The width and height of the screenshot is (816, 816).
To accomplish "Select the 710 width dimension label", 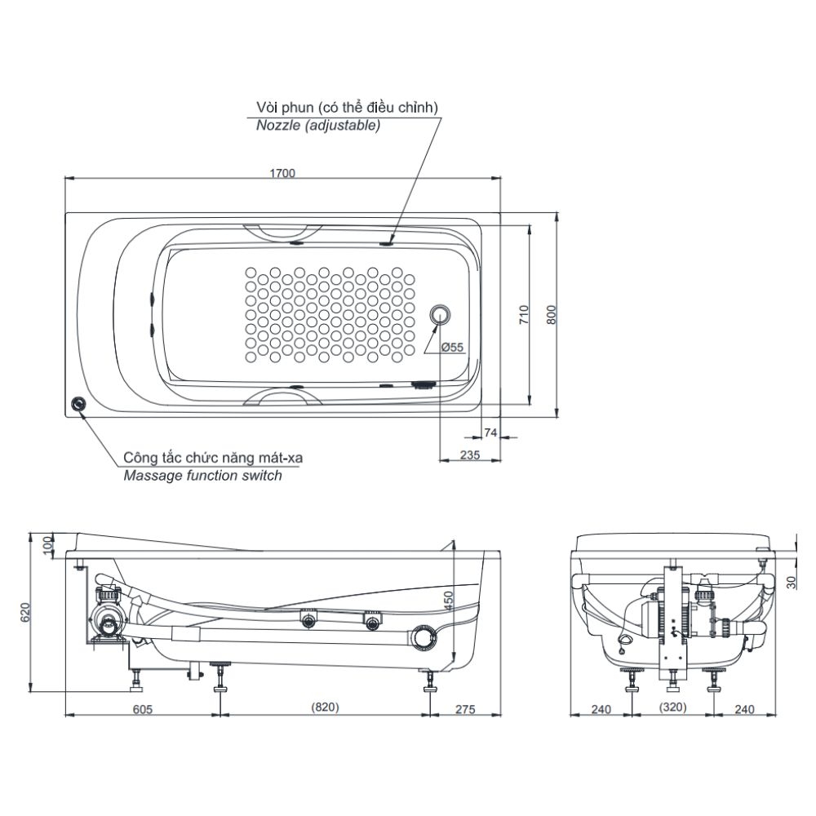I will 525,315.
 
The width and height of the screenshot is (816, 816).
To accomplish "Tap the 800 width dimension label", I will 551,315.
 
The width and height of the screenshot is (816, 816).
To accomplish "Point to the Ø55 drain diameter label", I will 452,347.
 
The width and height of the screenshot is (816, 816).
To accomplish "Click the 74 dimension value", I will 490,432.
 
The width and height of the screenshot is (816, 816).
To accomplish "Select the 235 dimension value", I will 469,455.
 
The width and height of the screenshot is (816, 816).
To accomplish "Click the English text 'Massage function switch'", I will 202,476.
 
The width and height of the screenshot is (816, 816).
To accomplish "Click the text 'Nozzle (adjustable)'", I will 317,126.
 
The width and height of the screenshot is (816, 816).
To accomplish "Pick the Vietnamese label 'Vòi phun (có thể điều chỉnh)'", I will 347,108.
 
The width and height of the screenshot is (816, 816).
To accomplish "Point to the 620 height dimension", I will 25,612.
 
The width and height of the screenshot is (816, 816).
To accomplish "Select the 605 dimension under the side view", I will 142,709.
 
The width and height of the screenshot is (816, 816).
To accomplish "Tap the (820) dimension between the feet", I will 324,709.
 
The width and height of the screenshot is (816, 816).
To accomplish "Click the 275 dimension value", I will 463,709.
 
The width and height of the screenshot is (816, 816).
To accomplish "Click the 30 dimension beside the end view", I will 791,581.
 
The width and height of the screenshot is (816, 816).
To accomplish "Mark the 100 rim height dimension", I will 47,544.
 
